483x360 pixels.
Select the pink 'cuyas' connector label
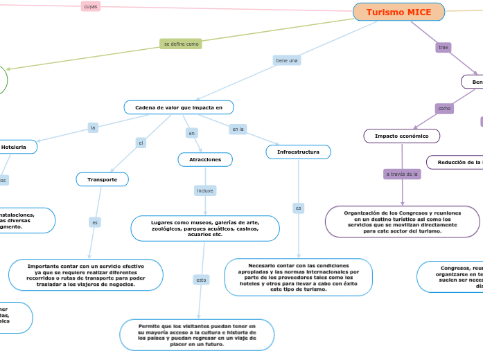(90, 6)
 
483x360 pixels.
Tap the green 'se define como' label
(181, 44)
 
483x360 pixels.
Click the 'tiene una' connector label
(287, 60)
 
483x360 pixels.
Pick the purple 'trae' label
(444, 47)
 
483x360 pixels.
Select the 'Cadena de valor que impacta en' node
(179, 107)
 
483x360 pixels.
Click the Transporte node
(102, 179)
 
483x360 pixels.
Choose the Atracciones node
(205, 160)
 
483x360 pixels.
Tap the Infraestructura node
(298, 152)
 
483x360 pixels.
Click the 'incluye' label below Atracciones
(205, 190)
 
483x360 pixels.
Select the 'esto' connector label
(201, 280)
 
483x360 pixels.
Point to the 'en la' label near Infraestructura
(238, 129)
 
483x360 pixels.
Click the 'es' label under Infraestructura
(298, 208)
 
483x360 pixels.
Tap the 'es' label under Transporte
(95, 222)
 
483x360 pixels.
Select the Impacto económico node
(402, 136)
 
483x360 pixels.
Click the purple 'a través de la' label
(402, 174)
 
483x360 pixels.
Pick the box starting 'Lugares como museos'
(205, 228)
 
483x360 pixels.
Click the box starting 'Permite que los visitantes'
(197, 334)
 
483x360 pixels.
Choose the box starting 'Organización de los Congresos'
(402, 222)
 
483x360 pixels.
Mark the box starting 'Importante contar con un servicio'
(86, 275)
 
